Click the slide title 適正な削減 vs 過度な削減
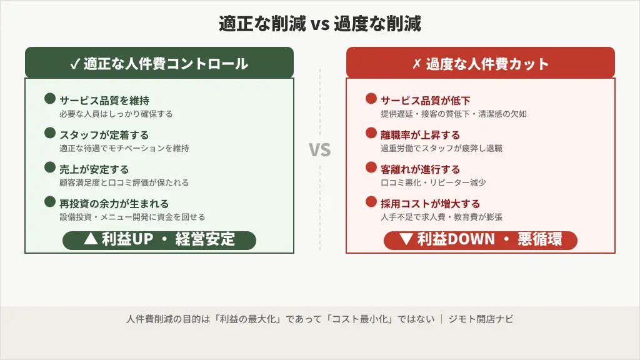(319, 24)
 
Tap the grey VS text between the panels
(320, 150)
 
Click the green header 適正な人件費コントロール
(159, 64)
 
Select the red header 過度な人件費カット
(480, 64)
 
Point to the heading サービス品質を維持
(104, 100)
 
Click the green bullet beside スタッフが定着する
(50, 133)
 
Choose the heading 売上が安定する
(94, 169)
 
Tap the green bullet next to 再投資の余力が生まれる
(50, 202)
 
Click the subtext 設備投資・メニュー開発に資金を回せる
(132, 217)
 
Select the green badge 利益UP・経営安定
(159, 239)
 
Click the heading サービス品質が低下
(426, 100)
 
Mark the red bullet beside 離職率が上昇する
(371, 133)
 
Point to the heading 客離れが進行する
(420, 169)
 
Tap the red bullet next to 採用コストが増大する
(371, 202)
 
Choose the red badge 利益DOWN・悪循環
(480, 239)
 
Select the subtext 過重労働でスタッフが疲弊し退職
(441, 148)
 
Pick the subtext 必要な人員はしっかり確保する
(116, 114)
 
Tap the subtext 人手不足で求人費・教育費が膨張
(441, 217)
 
